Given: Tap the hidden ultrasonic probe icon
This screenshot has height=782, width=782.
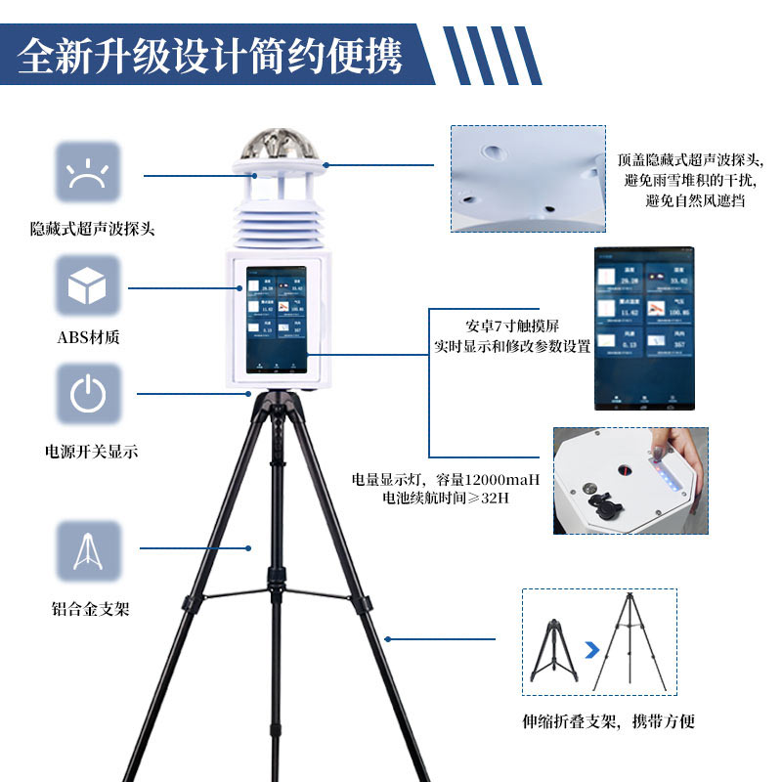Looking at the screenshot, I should click(88, 173).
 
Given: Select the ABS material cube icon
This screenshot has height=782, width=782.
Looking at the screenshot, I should click(88, 286).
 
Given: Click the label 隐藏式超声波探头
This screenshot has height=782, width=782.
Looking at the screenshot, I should click(93, 230).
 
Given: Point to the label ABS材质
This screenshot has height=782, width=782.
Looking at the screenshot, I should click(90, 338).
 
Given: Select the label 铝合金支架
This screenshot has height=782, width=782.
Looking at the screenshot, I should click(90, 608).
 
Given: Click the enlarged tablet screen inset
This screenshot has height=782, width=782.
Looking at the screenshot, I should click(643, 328).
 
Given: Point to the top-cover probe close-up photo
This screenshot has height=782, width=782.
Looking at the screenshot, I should click(528, 178).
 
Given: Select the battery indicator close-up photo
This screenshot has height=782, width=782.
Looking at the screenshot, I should click(630, 480).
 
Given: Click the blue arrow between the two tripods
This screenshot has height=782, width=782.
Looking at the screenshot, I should click(590, 649).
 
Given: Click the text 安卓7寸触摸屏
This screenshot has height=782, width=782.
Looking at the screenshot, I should click(512, 326).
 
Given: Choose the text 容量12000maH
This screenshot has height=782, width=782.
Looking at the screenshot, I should click(493, 480).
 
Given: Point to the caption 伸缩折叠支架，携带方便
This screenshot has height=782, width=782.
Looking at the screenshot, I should click(608, 722).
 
